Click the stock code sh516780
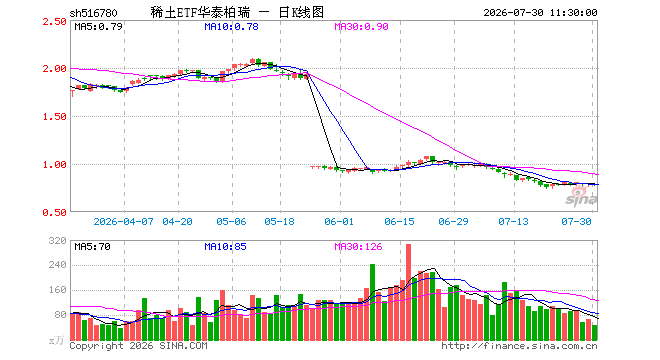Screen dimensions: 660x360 pyautogui.click(x=93, y=13)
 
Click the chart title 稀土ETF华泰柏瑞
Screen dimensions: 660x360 pyautogui.click(x=200, y=13)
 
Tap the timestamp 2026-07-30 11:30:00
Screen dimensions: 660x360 pyautogui.click(x=540, y=13)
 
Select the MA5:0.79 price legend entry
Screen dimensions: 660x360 pyautogui.click(x=98, y=27)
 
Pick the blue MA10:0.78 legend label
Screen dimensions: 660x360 pyautogui.click(x=232, y=27)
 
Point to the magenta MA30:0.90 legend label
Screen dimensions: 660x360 pyautogui.click(x=362, y=27)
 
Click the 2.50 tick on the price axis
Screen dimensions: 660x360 pyautogui.click(x=54, y=21)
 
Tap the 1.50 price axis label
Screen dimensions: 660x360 pyautogui.click(x=54, y=117)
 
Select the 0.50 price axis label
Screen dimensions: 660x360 pyautogui.click(x=54, y=213)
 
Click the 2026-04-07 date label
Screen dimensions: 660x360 pyautogui.click(x=123, y=221)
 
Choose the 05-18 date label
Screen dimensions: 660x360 pyautogui.click(x=279, y=221)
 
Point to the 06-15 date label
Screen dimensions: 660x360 pyautogui.click(x=399, y=221)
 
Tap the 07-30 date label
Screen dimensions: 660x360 pyautogui.click(x=577, y=221)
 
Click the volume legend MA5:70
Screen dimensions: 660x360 pyautogui.click(x=93, y=247)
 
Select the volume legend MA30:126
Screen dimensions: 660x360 pyautogui.click(x=359, y=247)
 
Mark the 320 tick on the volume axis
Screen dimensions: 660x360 pyautogui.click(x=58, y=241)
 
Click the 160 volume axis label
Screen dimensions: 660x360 pyautogui.click(x=58, y=290)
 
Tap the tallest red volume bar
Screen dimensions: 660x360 pyautogui.click(x=408, y=292)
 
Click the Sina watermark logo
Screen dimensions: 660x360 pyautogui.click(x=581, y=197)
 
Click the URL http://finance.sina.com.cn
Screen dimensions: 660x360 pyautogui.click(x=519, y=346)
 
